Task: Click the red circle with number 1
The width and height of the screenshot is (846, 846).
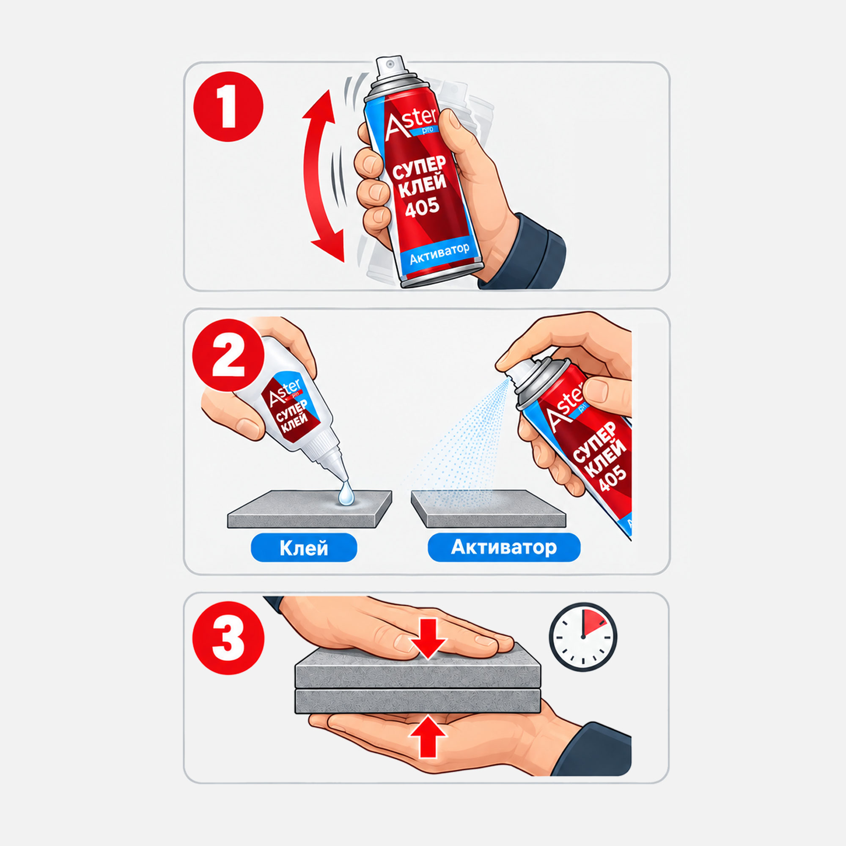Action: [x=228, y=107]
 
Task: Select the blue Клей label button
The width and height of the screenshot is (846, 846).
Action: [x=304, y=547]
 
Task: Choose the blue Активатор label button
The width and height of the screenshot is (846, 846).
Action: [x=504, y=547]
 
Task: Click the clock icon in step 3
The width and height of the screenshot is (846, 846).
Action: [x=583, y=636]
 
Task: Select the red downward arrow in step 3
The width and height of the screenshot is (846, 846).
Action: [x=428, y=638]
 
